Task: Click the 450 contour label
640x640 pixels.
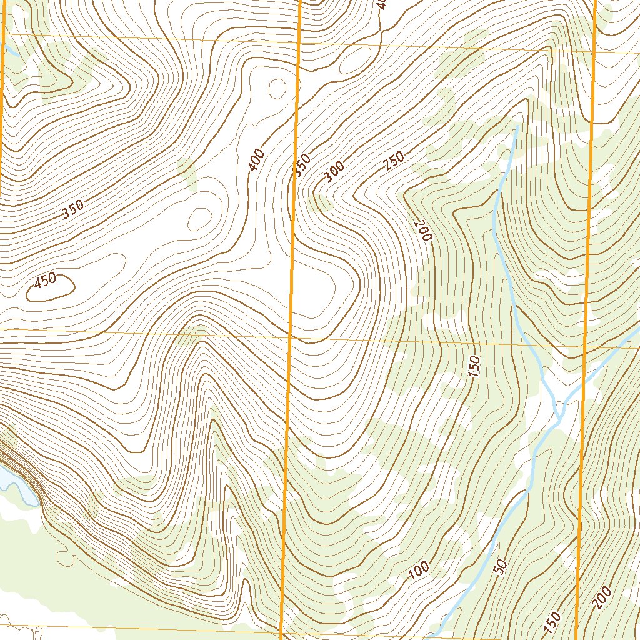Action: click(x=46, y=282)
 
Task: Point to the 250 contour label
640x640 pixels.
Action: click(x=394, y=161)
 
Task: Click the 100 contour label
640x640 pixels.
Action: click(x=419, y=570)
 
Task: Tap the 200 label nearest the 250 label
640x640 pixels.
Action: click(x=424, y=231)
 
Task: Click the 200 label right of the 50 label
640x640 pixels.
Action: click(x=602, y=599)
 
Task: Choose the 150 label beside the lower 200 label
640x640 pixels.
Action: click(x=552, y=621)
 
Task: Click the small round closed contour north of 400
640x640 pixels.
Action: click(x=276, y=89)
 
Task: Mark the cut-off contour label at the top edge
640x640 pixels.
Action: click(x=382, y=5)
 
